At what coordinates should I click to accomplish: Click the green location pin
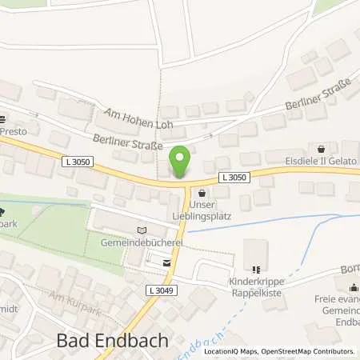(x=181, y=162)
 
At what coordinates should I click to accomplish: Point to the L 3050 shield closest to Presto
(x=72, y=162)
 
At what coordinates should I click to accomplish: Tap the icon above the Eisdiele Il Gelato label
(x=322, y=148)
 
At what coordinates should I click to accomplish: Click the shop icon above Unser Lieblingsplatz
(x=201, y=193)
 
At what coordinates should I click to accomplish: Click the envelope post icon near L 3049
(x=166, y=262)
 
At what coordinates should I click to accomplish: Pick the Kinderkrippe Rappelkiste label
(x=255, y=286)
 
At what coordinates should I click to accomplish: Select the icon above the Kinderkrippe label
(x=255, y=270)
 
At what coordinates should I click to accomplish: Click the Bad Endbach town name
(x=114, y=339)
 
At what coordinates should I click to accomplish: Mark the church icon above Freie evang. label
(x=353, y=286)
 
